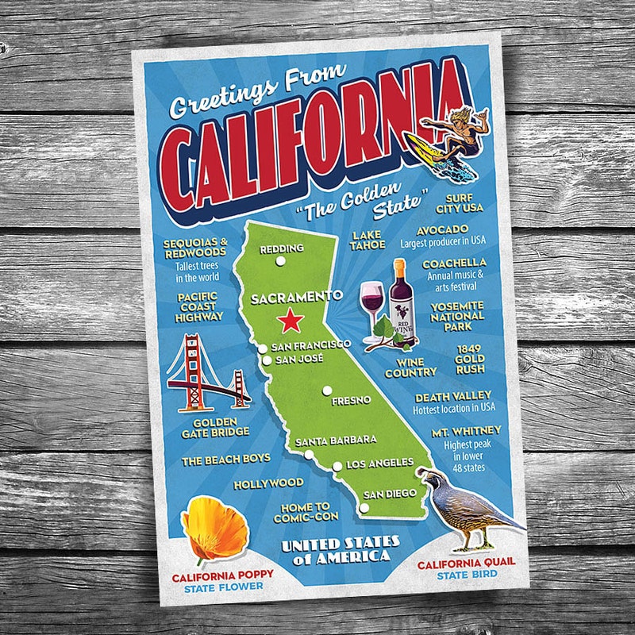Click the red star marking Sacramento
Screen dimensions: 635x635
point(291,321)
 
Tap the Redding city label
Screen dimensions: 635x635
point(282,248)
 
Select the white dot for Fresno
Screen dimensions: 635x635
point(326,390)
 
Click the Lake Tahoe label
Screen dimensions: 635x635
point(367,241)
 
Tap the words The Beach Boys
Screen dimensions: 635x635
point(225,459)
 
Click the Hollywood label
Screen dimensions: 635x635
point(268,483)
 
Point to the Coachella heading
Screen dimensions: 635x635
point(454,263)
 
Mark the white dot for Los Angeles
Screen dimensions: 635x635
point(337,467)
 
